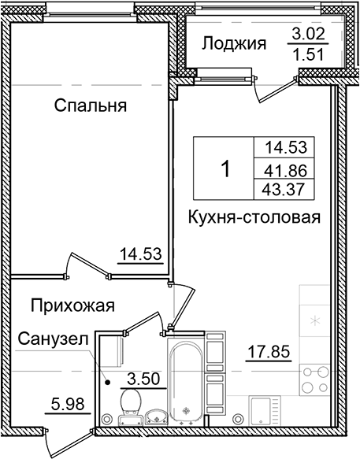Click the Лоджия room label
coord(234,43)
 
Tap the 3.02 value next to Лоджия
coord(307,35)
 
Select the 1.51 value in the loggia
coord(307,56)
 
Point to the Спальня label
coord(91,105)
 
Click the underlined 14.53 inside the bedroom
coord(140,254)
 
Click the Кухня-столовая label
coord(254,218)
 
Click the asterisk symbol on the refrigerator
coord(317,320)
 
